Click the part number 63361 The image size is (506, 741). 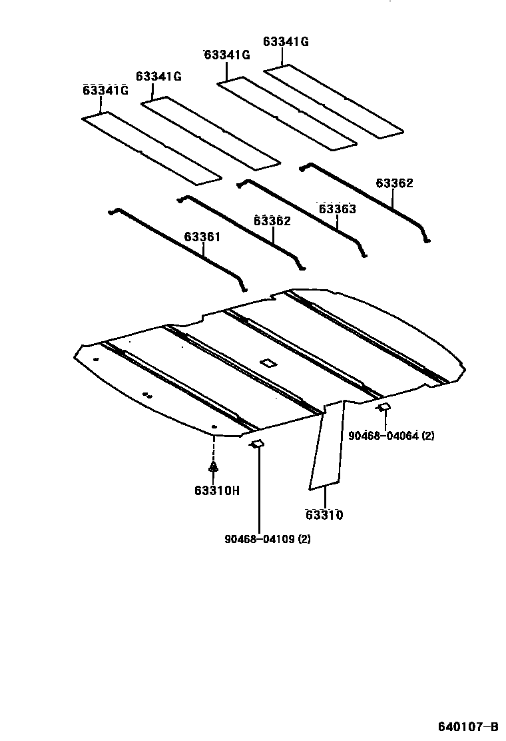point(202,237)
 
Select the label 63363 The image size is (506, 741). point(337,209)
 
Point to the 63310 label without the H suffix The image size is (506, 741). point(324,515)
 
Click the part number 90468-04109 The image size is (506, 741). point(260,538)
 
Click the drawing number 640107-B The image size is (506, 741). point(468,726)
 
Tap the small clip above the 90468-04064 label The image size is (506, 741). point(384,406)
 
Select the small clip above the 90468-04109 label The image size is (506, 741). point(257,444)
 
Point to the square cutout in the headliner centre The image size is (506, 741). point(268,363)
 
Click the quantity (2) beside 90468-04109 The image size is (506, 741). point(304,538)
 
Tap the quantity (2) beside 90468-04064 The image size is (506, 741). point(428,436)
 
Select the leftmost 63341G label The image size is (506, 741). point(105,90)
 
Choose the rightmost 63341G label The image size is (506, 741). point(286,41)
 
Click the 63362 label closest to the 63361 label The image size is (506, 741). point(272,221)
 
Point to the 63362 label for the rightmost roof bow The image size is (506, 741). point(394,183)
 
